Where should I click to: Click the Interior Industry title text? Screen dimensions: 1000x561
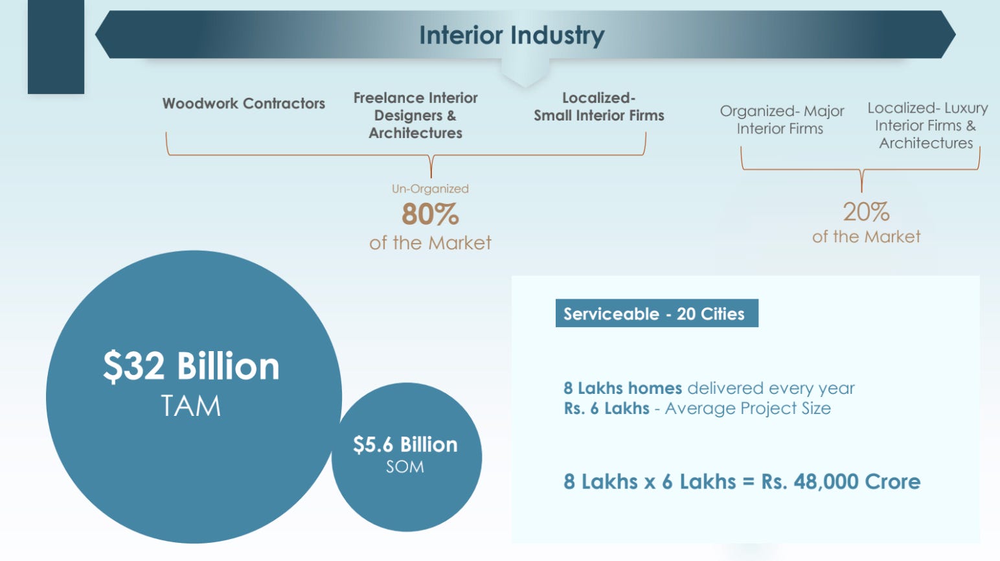512,35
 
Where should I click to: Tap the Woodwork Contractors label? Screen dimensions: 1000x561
244,104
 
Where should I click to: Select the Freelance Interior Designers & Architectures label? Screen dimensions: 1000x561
415,115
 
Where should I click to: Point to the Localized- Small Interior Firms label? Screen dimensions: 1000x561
598,107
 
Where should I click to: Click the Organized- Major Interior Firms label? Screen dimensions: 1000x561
781,120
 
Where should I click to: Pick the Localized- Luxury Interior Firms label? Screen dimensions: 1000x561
927,126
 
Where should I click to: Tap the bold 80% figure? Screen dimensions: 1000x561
430,214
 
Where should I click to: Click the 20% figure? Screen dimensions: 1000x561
866,212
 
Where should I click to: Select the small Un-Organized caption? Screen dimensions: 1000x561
430,189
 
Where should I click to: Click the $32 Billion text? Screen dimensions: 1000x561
191,366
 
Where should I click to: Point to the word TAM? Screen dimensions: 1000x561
190,406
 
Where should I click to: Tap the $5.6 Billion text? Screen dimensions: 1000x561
405,445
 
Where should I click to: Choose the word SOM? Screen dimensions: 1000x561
405,467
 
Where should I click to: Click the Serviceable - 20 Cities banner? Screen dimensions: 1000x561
657,313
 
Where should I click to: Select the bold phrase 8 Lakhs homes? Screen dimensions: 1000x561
623,388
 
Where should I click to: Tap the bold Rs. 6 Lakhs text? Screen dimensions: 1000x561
606,408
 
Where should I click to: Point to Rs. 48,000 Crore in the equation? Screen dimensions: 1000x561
841,481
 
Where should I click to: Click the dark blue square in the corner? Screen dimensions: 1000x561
56,47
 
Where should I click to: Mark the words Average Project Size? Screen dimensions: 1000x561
748,409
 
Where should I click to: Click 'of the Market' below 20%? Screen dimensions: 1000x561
866,236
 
